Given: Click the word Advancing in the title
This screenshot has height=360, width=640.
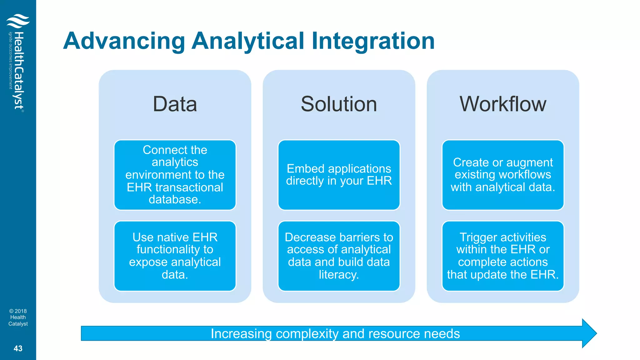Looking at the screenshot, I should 124,41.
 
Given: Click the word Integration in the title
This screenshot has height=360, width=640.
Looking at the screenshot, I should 373,41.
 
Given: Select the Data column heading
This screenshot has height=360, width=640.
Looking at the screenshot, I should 175,104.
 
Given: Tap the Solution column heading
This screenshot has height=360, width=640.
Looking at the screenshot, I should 339,104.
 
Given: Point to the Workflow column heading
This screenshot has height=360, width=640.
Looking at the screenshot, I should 503,104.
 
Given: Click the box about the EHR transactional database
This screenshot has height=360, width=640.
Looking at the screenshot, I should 175,175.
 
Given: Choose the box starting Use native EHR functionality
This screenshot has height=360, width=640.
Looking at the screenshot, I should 175,256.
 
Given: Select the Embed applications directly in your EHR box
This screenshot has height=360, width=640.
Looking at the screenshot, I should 339,175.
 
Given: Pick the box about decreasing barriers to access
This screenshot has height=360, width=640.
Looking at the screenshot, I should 339,256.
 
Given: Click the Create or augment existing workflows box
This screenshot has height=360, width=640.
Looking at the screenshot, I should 503,175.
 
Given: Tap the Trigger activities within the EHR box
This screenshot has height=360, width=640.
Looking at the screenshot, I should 503,256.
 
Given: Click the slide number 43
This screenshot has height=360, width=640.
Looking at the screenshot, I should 18,348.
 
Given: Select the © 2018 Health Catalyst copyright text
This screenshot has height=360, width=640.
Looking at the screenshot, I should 18,317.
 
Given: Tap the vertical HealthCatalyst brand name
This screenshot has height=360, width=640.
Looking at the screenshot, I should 19,70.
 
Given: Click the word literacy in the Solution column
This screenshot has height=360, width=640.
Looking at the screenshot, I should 339,275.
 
